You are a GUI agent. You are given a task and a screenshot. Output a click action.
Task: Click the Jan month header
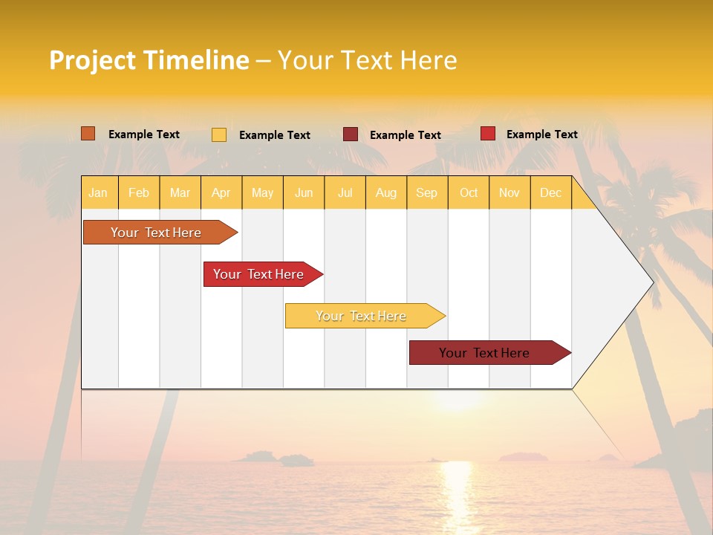(98, 192)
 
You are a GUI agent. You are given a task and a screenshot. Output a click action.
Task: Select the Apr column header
(221, 192)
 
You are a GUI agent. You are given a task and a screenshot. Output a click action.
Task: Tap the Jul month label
(345, 192)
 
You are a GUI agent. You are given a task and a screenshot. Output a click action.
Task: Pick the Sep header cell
(426, 192)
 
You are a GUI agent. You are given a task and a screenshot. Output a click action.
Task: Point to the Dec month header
(550, 192)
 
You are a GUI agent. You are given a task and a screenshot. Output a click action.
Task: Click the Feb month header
(139, 192)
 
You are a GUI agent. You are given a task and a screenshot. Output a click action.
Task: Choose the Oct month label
(469, 192)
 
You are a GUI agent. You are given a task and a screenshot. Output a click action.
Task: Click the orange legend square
(88, 134)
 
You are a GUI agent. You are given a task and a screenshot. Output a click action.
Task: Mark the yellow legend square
(219, 134)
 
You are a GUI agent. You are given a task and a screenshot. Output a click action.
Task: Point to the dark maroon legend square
(351, 134)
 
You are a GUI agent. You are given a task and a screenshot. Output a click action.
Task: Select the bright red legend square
(488, 134)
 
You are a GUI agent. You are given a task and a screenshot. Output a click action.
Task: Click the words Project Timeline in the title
(149, 60)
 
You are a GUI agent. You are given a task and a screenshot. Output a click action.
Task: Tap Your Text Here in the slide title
(367, 60)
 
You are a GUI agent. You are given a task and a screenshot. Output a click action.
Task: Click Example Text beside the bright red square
(541, 134)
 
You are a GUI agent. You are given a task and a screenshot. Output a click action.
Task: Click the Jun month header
(304, 192)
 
